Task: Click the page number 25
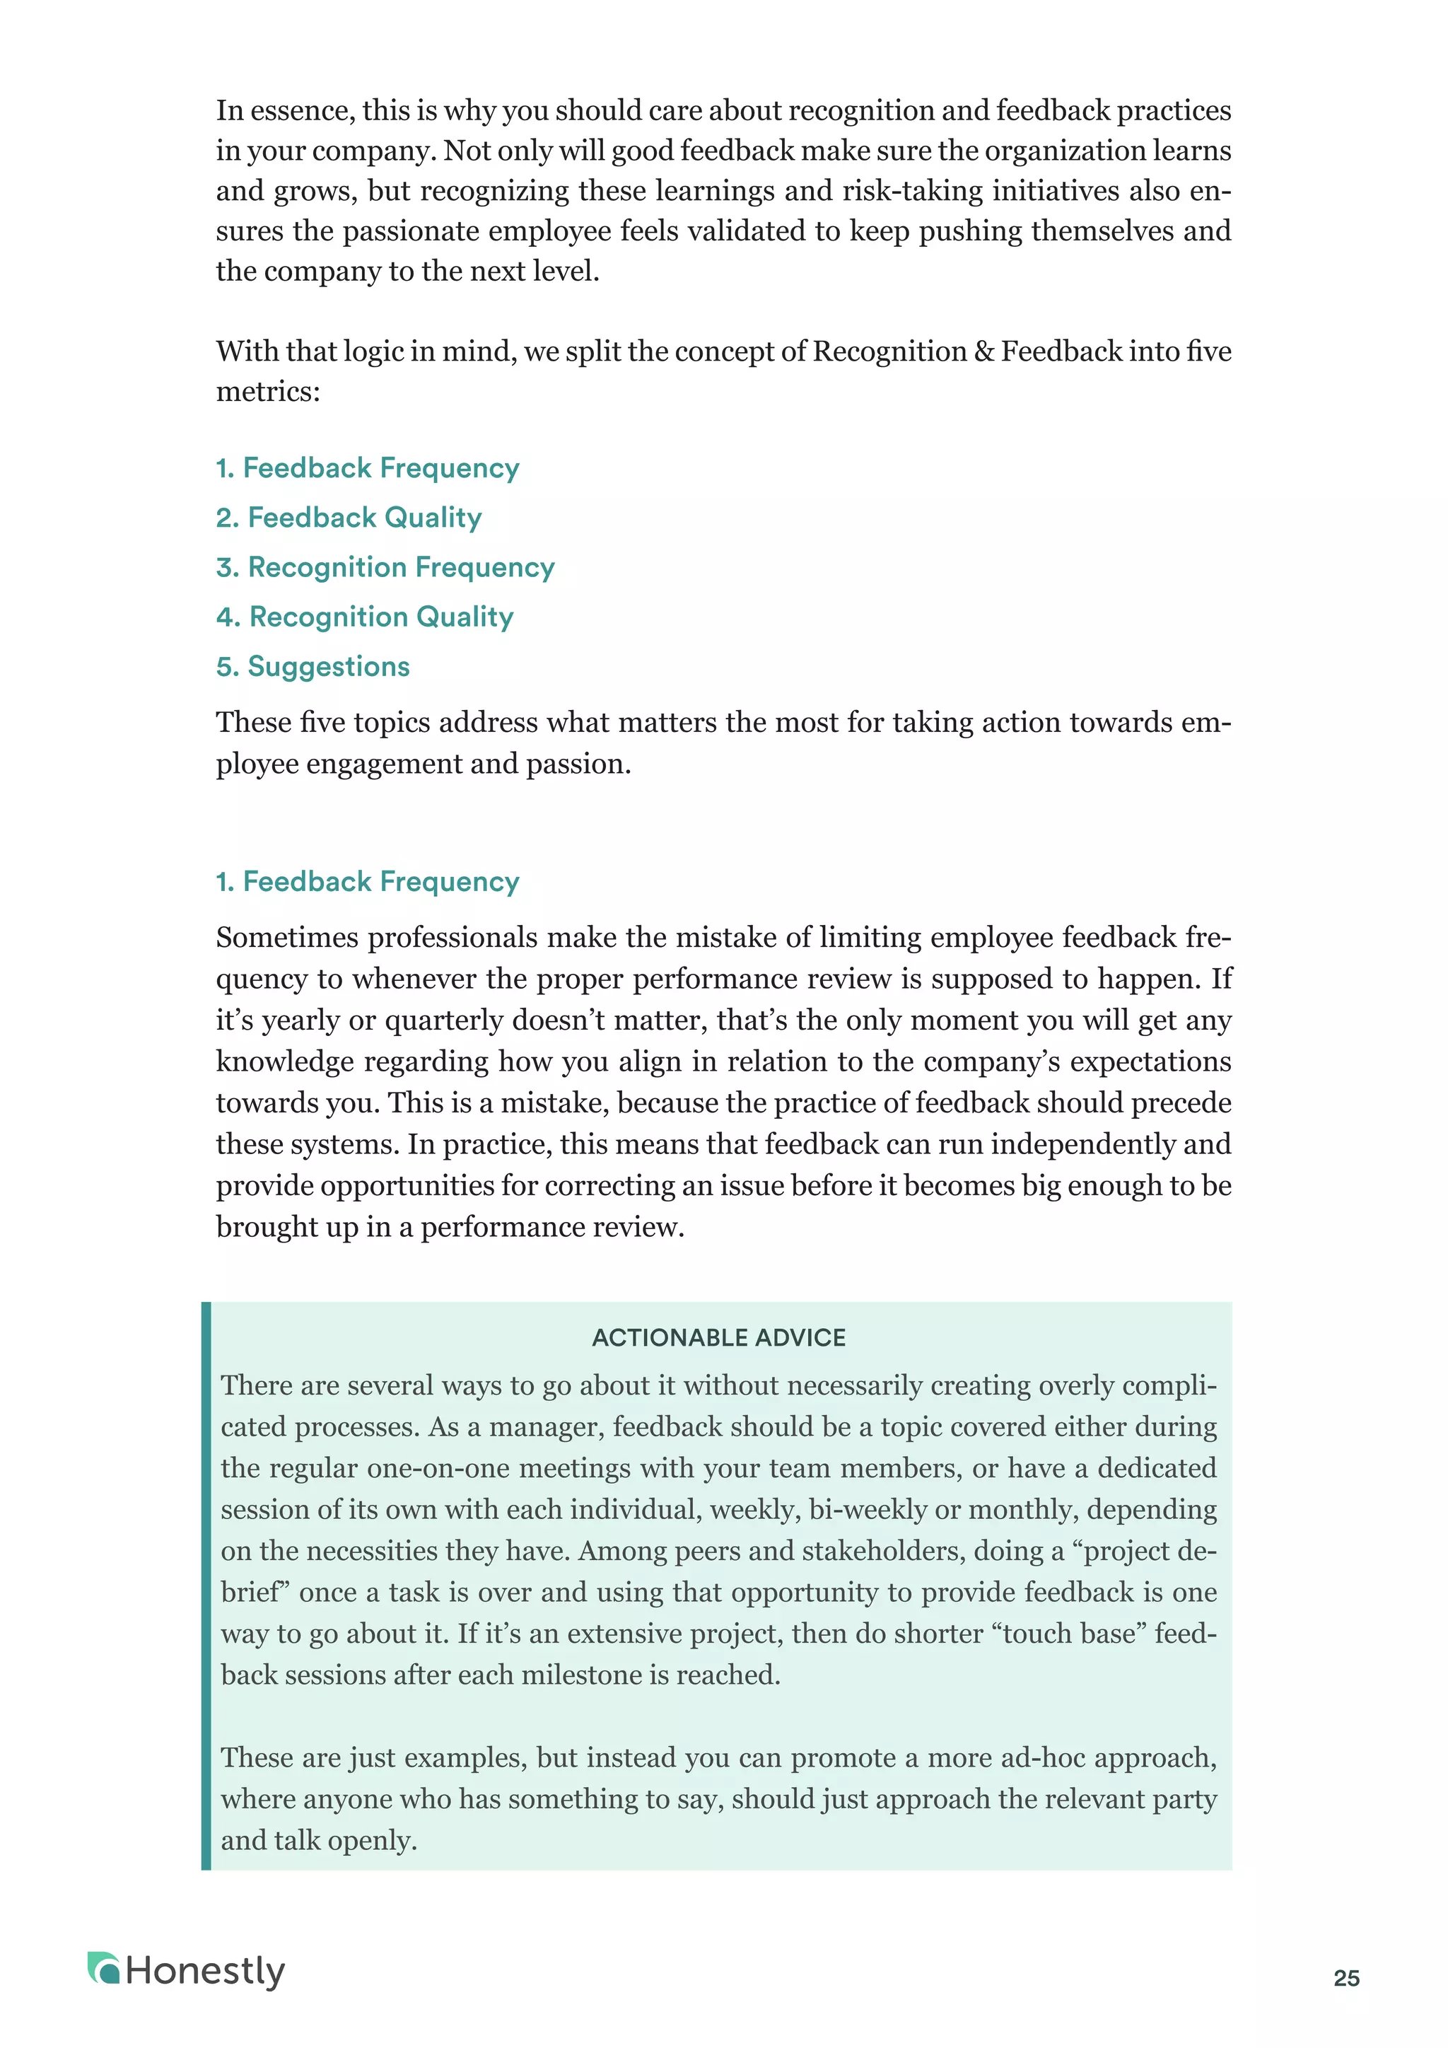point(1345,1979)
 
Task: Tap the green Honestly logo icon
point(103,1969)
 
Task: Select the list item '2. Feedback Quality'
point(349,518)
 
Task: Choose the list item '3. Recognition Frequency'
point(385,567)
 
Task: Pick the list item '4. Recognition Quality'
point(365,617)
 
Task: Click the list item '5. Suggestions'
point(313,666)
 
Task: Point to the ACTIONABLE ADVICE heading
point(718,1337)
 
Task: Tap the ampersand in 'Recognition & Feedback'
point(983,351)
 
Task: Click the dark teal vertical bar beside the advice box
point(206,1588)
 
